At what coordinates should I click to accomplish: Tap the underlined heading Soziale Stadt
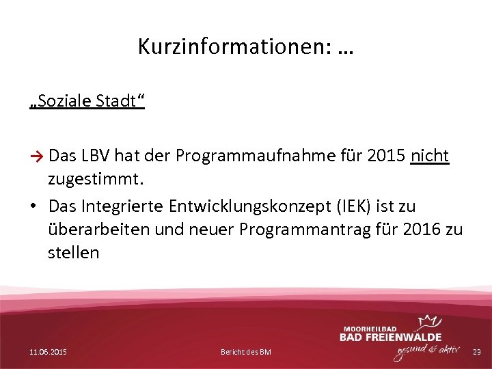pos(87,101)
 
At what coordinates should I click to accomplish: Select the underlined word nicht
pos(429,156)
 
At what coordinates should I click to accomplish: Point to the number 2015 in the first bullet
pos(386,156)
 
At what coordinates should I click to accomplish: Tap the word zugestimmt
pos(96,180)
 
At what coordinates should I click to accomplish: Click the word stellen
pos(74,253)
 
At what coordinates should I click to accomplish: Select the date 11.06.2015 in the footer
pos(49,351)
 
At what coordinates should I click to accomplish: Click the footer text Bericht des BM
pos(246,351)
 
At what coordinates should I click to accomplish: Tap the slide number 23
pos(477,351)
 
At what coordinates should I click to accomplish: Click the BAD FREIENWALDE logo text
pos(390,336)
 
